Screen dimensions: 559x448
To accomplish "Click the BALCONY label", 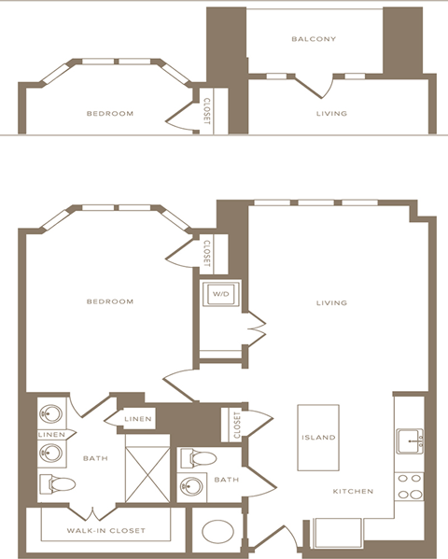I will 313,39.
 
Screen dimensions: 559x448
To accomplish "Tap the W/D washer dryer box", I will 221,295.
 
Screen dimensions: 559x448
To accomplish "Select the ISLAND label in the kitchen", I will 317,437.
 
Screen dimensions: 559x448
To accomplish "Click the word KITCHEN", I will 354,491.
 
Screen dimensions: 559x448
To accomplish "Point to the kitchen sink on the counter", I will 412,439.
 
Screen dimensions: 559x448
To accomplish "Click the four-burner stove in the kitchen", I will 410,487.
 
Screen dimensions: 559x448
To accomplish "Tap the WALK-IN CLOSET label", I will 105,531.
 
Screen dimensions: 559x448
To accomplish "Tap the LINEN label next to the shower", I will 138,419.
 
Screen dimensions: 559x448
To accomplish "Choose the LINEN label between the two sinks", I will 50,434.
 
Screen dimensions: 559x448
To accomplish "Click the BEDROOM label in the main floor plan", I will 109,301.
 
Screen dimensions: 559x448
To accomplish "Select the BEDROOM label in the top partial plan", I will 109,114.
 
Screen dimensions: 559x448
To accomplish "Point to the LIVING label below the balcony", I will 331,114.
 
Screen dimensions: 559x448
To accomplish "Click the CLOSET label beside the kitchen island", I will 236,425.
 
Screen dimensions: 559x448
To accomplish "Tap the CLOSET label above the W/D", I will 206,252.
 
